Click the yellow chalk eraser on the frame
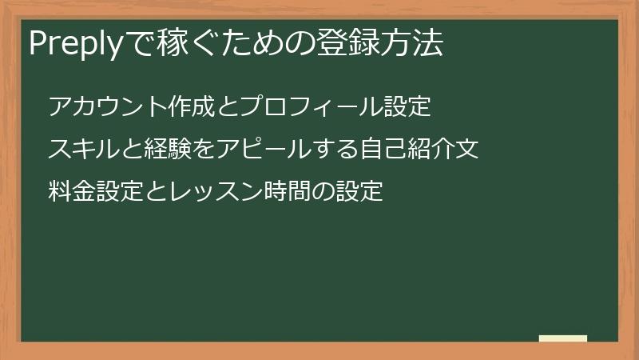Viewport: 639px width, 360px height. (563, 339)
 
